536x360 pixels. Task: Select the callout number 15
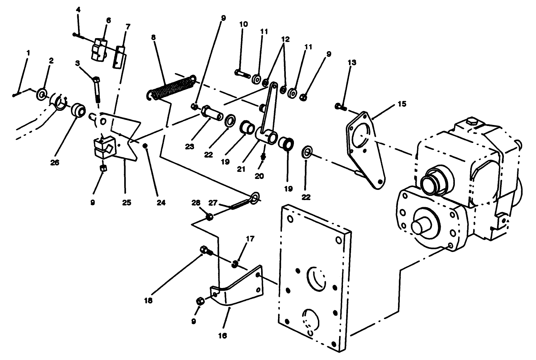click(x=402, y=104)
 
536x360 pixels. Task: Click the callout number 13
click(x=352, y=62)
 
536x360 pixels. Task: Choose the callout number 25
click(x=127, y=203)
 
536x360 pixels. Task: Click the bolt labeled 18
click(x=205, y=251)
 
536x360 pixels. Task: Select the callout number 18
click(x=148, y=301)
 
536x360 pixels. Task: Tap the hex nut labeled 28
click(x=209, y=217)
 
